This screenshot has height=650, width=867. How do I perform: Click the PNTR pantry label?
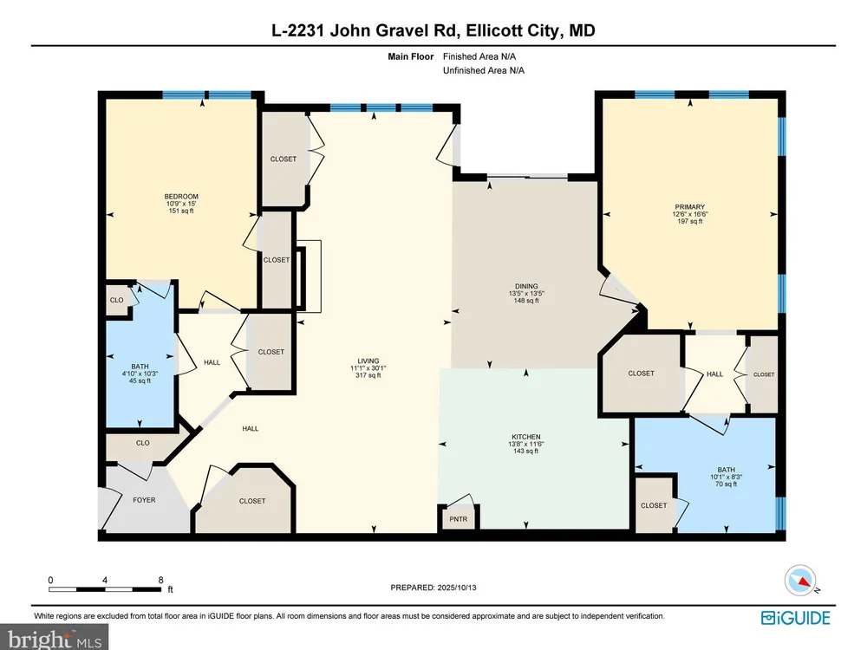(x=459, y=519)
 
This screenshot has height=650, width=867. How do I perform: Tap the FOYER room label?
(x=144, y=500)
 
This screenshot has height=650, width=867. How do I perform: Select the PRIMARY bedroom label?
(x=689, y=207)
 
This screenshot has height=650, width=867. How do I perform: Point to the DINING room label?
(x=526, y=286)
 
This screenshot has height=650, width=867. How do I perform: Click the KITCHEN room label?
(x=526, y=437)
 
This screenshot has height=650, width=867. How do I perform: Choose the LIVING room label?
(x=368, y=361)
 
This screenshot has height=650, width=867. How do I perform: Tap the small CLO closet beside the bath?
(x=117, y=300)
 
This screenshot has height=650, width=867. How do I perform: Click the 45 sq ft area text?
(x=140, y=380)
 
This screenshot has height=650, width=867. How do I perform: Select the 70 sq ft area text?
(x=726, y=484)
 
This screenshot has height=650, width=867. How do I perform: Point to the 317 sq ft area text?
(x=368, y=375)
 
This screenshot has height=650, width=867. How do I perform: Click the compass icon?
(x=800, y=581)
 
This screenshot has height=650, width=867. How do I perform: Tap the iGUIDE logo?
(x=796, y=617)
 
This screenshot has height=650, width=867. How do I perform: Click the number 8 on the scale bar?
(x=161, y=580)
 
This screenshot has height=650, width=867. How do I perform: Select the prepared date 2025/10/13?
(x=457, y=588)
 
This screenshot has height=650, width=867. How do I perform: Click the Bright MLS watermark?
(x=55, y=639)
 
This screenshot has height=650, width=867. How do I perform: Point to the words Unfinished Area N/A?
(x=483, y=70)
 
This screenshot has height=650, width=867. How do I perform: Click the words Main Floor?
(x=411, y=56)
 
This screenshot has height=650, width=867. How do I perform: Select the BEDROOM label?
(x=181, y=196)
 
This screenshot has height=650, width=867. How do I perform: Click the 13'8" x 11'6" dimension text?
(x=526, y=444)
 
